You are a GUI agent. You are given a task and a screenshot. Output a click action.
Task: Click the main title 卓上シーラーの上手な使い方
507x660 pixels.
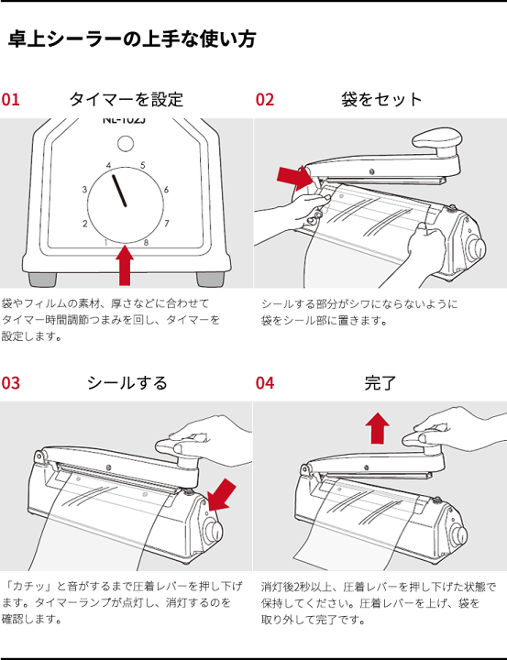coord(132,40)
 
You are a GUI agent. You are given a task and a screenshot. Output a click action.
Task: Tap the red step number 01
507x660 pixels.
coord(11,100)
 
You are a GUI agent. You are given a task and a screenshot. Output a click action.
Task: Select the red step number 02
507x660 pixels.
coord(265,100)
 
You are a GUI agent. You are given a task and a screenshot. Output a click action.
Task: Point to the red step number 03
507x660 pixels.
coord(11,383)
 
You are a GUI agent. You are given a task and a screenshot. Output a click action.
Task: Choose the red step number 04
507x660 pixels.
coord(265,383)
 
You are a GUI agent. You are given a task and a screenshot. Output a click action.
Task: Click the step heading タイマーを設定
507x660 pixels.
coord(126,100)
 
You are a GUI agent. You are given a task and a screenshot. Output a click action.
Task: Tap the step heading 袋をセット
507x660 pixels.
coord(380,100)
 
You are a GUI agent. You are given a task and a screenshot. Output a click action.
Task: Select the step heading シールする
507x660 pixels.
coord(127,383)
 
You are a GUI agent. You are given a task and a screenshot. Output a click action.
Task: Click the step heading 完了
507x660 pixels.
coord(380,383)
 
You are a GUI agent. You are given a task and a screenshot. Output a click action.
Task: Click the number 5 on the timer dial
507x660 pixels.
coord(142,166)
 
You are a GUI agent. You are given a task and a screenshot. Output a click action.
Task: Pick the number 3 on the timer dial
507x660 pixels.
coord(84,190)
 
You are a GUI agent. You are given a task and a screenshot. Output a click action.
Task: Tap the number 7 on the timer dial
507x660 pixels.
coord(166,223)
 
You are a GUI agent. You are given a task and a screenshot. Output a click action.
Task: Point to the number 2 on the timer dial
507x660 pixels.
coord(84,224)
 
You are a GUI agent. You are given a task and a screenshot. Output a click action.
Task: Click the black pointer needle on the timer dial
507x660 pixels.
coord(119,190)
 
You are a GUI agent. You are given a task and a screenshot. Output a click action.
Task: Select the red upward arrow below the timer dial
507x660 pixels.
coord(126,266)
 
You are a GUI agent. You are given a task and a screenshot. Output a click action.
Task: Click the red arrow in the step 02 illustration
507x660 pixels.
coord(294,177)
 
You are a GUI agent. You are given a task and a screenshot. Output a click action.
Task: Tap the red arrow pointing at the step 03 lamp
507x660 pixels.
coord(220,496)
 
